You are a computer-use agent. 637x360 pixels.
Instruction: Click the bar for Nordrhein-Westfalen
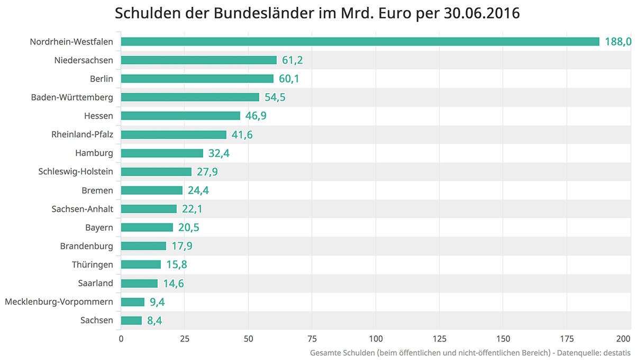tap(360, 42)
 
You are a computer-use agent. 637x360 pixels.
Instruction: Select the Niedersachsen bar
tap(198, 60)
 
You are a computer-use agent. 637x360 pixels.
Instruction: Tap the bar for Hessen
tap(180, 116)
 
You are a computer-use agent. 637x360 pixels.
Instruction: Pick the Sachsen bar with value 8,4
tap(131, 320)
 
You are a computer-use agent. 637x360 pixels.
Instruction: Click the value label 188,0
tap(618, 42)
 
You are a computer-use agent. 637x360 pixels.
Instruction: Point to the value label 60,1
tap(289, 79)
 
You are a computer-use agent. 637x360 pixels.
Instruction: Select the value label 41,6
tap(242, 134)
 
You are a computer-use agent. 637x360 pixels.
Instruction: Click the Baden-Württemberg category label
tap(72, 97)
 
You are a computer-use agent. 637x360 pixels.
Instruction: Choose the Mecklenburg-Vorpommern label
tap(59, 302)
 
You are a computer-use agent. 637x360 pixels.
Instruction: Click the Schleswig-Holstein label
tap(76, 172)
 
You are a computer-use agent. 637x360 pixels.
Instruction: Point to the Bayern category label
tap(99, 228)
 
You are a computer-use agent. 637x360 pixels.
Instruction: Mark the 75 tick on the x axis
tap(312, 339)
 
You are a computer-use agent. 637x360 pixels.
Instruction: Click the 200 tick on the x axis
tap(624, 339)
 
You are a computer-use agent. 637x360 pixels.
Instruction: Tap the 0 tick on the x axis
tap(121, 339)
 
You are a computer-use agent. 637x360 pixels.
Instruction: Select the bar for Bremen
tap(152, 190)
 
